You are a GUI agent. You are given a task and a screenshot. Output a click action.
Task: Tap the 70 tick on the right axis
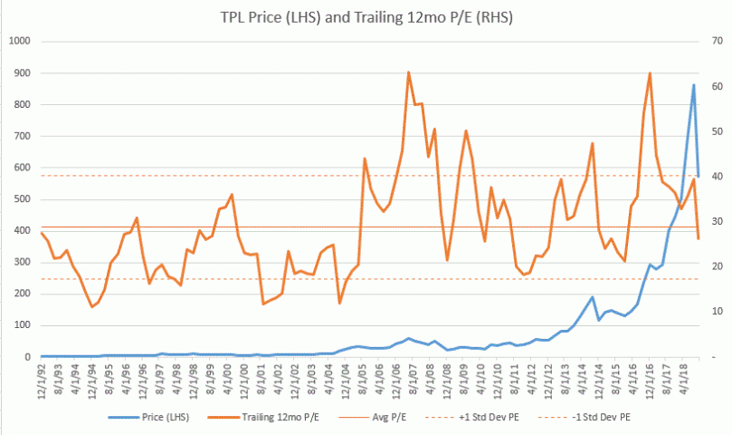(x=708, y=42)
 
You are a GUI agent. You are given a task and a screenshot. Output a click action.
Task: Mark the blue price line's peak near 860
(x=693, y=85)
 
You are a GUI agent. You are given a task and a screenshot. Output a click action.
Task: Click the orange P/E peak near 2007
(x=409, y=72)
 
